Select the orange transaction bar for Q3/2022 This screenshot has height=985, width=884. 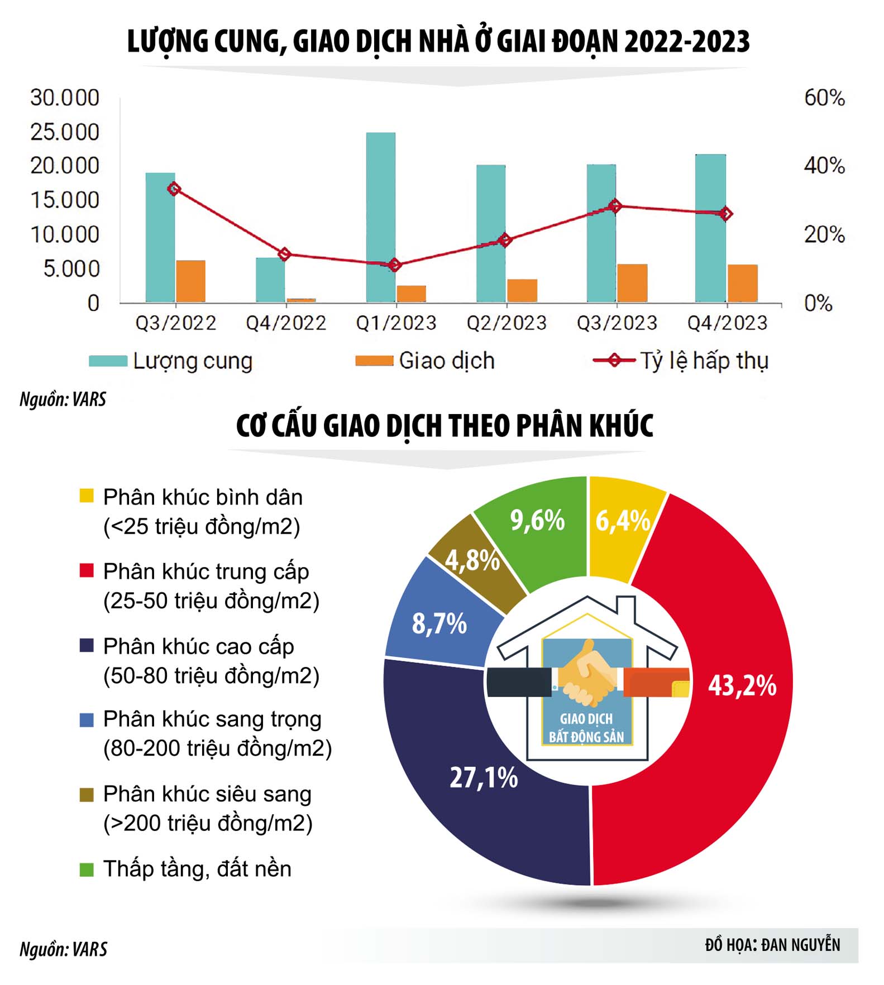pyautogui.click(x=190, y=281)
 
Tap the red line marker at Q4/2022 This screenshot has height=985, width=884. pyautogui.click(x=284, y=254)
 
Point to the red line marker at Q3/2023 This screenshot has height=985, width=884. pyautogui.click(x=615, y=206)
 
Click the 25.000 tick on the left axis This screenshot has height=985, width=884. pyautogui.click(x=64, y=132)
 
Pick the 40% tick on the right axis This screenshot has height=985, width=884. pyautogui.click(x=824, y=166)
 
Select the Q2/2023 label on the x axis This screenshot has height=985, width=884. pyautogui.click(x=506, y=323)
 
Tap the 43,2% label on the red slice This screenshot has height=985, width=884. pyautogui.click(x=742, y=685)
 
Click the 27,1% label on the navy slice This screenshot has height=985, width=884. pyautogui.click(x=484, y=777)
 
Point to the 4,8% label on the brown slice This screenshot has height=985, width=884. pyautogui.click(x=472, y=560)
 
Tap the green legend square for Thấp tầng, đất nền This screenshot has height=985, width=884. pyautogui.click(x=87, y=869)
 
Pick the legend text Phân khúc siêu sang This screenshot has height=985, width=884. pyautogui.click(x=207, y=794)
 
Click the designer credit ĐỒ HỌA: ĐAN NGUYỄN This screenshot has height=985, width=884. pyautogui.click(x=772, y=944)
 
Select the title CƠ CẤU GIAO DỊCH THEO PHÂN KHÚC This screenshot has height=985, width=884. pyautogui.click(x=445, y=426)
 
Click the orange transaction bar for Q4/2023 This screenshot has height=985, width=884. pyautogui.click(x=742, y=283)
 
